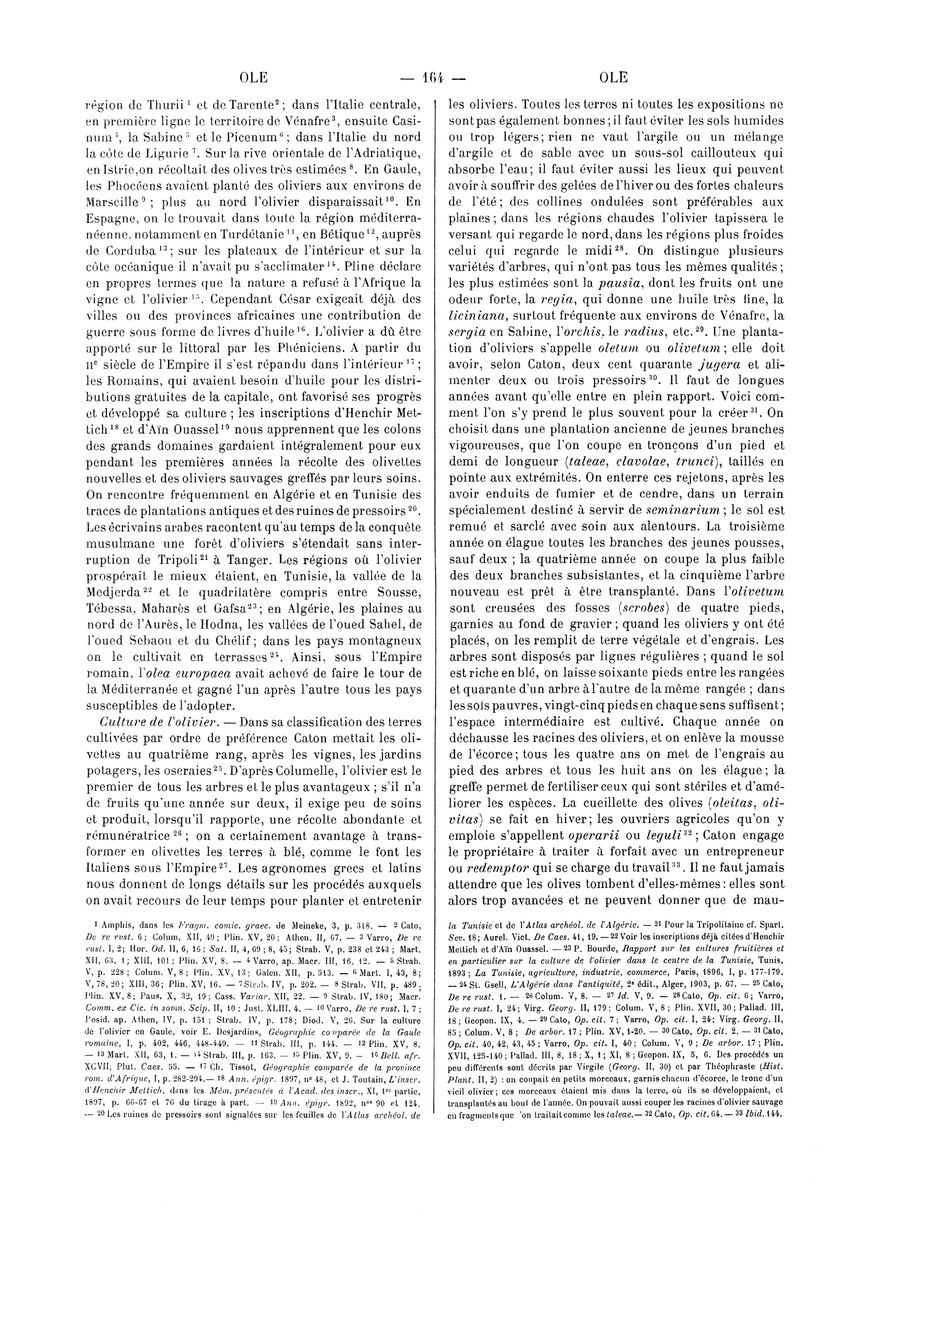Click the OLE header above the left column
point(253,77)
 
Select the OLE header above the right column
point(612,77)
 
